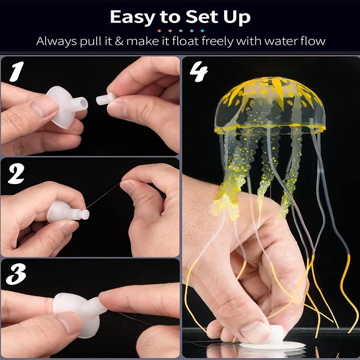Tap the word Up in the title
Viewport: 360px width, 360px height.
[x=234, y=18]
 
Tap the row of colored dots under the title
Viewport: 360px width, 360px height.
[x=180, y=31]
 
